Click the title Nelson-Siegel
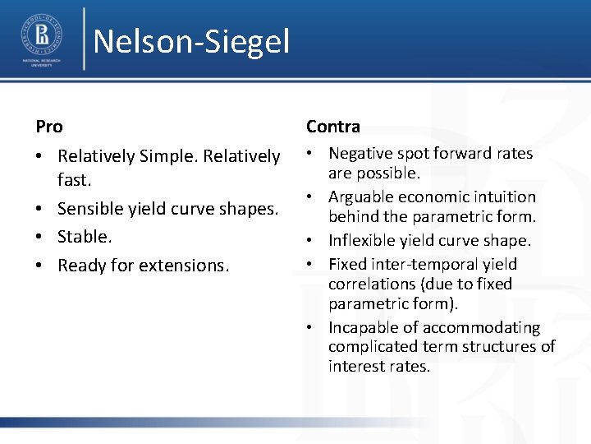pos(191,41)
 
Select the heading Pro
pos(49,127)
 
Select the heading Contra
pos(333,127)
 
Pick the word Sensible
pos(89,210)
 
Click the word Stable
pos(83,237)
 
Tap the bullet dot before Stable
pos(41,238)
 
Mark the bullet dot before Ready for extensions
pos(41,266)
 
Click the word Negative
pos(361,154)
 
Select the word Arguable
pos(362,197)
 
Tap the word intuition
pos(504,197)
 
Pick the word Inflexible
pos(365,241)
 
